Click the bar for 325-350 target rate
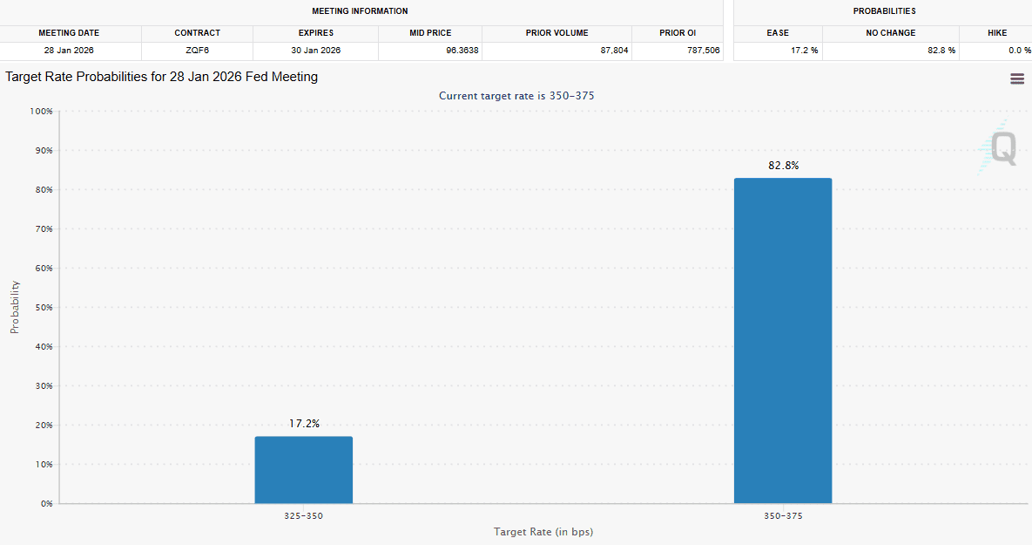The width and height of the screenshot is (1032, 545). tap(303, 470)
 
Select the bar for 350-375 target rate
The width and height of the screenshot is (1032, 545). tap(782, 341)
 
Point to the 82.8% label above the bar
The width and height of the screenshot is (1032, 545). tap(782, 166)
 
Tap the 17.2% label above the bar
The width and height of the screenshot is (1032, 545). tap(304, 424)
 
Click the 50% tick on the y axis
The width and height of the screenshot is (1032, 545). tap(42, 308)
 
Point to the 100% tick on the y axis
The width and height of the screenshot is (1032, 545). tap(40, 112)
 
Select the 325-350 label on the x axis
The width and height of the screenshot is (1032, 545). tap(303, 516)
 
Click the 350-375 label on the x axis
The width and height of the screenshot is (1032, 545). tap(782, 516)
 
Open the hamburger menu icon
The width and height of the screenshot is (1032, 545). tap(1016, 78)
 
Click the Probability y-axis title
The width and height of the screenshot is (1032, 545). tap(15, 307)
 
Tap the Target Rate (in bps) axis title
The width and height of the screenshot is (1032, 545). tap(543, 532)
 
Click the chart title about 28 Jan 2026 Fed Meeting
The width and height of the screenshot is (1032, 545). tap(162, 77)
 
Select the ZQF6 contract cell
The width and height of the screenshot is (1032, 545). tap(197, 51)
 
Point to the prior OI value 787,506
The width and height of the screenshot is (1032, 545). tap(701, 51)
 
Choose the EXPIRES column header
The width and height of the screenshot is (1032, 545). tap(315, 33)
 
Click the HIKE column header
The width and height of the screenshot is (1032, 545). tap(996, 33)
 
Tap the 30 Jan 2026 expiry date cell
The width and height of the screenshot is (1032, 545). tap(315, 51)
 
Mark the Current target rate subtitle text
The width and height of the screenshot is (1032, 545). tap(516, 96)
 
